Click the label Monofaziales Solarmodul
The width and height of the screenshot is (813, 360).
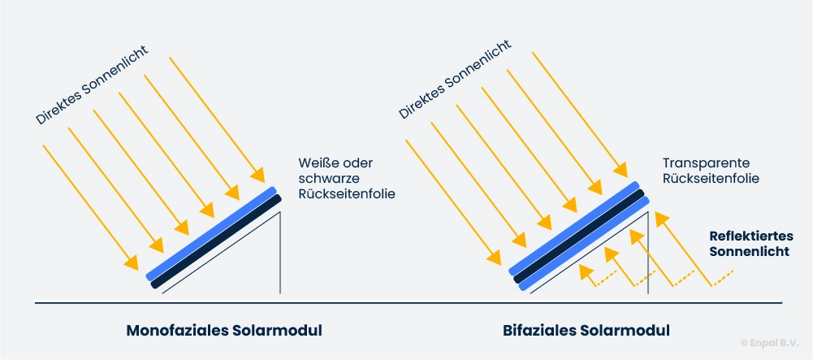[x=224, y=331]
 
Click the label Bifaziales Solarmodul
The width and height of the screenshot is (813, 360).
[x=586, y=331]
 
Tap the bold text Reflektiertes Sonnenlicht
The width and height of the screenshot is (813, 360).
[x=749, y=244]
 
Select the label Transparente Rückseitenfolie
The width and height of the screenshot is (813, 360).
[x=711, y=169]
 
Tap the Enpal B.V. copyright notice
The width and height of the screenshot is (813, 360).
[x=769, y=343]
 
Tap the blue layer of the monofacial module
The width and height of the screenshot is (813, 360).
[x=212, y=232]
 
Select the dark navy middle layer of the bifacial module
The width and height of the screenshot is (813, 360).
[x=579, y=237]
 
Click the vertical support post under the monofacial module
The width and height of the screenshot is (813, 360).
[x=281, y=252]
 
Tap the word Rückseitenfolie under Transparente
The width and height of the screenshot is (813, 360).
[x=711, y=177]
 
